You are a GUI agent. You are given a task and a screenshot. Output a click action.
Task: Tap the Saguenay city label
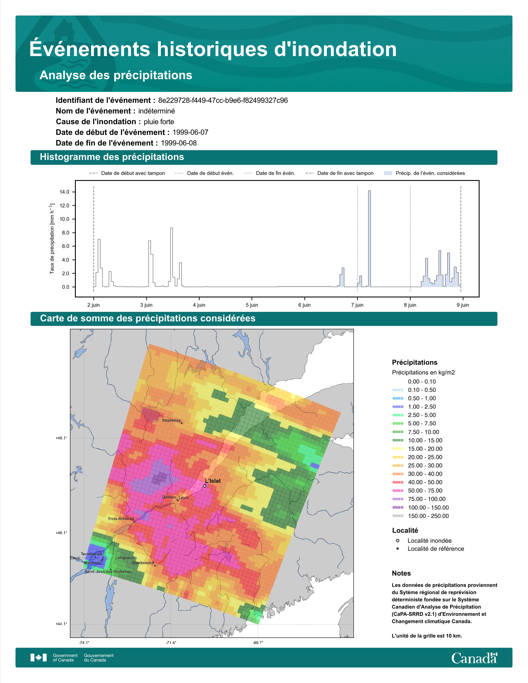click(x=171, y=420)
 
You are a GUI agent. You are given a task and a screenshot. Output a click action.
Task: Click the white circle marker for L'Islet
click(x=205, y=486)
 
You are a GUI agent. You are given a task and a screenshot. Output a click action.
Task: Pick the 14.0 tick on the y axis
click(x=64, y=192)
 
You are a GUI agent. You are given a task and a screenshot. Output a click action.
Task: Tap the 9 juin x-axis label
click(x=463, y=305)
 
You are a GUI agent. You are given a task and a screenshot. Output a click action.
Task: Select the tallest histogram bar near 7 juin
click(x=369, y=239)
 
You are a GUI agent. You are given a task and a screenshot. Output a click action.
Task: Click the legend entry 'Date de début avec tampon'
click(x=127, y=173)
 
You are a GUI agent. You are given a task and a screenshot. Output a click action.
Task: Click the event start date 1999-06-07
click(x=190, y=132)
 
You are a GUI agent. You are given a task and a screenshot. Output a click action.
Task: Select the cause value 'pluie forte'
click(x=159, y=122)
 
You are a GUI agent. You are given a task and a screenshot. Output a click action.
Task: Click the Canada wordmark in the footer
click(x=474, y=658)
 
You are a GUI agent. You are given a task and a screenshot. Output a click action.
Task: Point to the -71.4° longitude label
click(x=171, y=643)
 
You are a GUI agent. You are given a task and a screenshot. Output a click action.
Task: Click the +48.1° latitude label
click(x=61, y=438)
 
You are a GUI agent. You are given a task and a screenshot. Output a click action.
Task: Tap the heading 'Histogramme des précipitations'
click(x=112, y=157)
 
